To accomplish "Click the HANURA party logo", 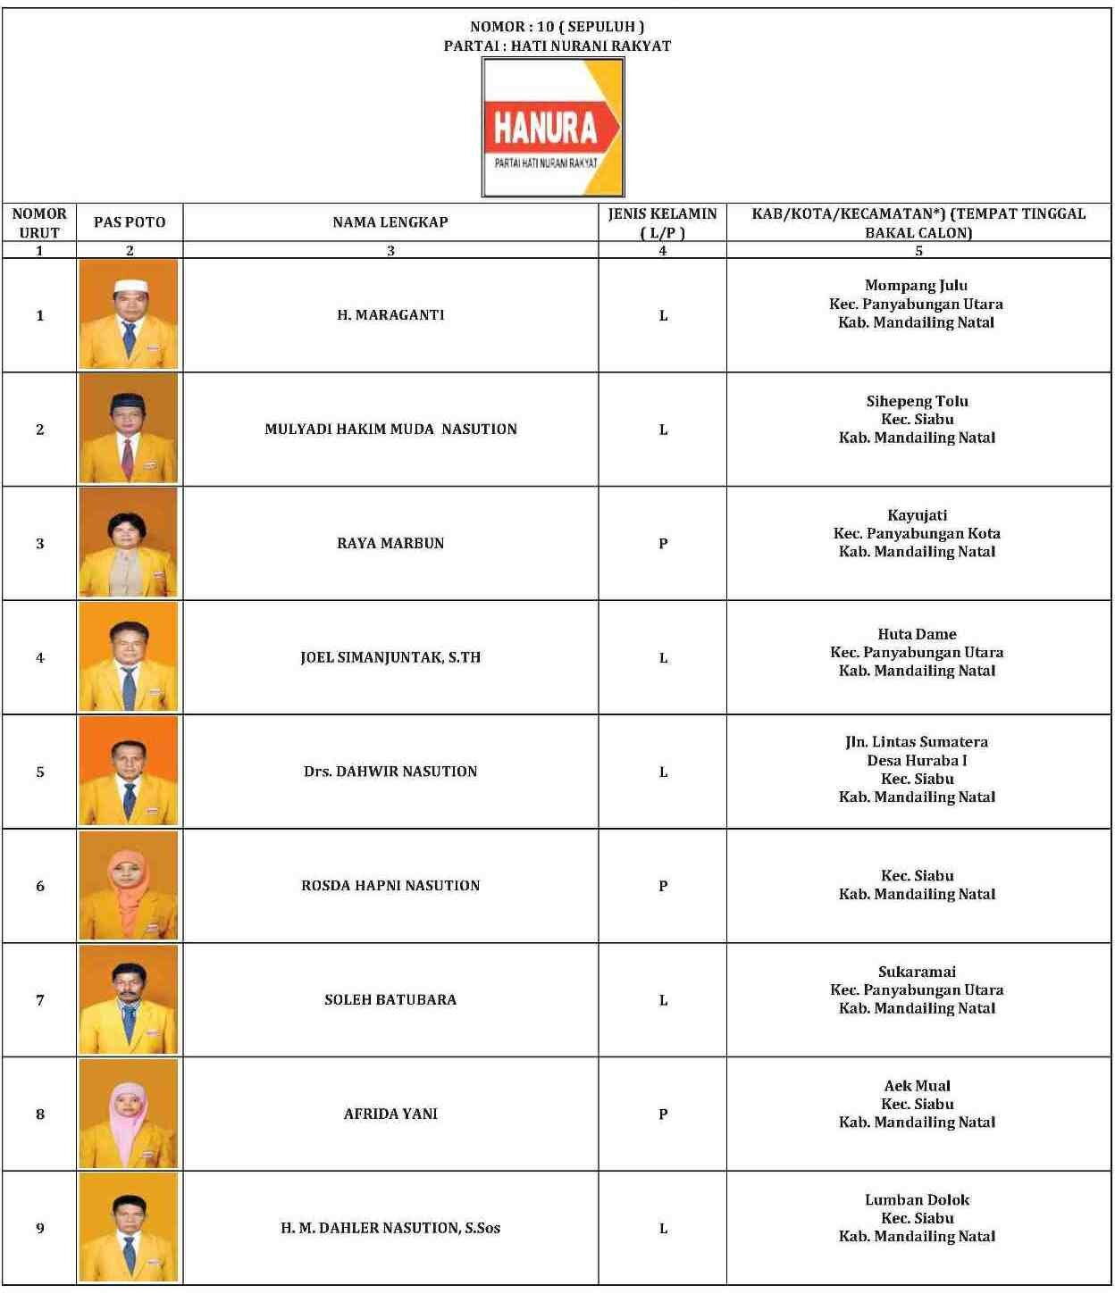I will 553,127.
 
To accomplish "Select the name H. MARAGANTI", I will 390,315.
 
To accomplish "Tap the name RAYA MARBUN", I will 390,543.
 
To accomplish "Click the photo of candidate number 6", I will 129,885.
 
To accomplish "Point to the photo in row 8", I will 129,1114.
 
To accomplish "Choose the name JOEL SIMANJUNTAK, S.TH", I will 390,657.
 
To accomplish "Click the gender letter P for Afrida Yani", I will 663,1114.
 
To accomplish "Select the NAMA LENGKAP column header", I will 390,222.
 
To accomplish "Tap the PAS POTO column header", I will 130,222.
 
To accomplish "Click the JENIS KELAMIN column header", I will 662,222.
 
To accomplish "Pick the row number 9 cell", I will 39,1228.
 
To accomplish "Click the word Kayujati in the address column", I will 917,515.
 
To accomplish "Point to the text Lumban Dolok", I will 917,1199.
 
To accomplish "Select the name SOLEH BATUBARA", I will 390,1000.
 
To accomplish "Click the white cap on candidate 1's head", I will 129,287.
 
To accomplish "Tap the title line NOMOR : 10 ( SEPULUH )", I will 557,27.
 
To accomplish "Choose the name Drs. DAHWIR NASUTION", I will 390,772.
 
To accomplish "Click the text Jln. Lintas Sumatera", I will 917,742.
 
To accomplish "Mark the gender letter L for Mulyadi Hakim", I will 663,430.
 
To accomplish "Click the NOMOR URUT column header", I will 39,222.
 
